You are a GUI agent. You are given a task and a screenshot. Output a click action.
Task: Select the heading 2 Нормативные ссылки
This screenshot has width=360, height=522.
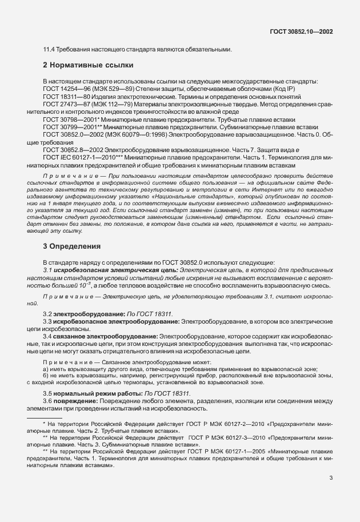coord(89,65)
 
